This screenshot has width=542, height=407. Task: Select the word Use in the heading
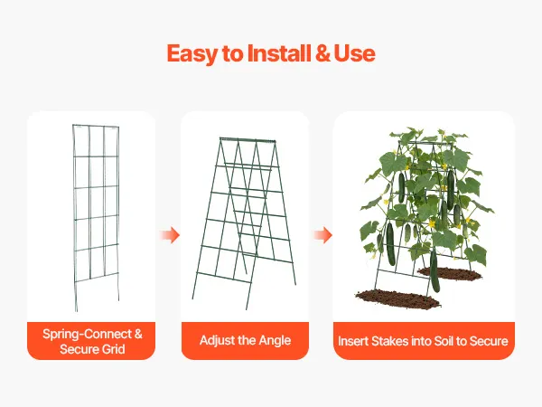click(x=354, y=53)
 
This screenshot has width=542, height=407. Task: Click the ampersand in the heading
click(x=322, y=53)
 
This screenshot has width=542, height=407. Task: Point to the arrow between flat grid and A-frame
click(x=170, y=235)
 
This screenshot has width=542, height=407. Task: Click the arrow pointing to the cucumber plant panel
click(x=322, y=235)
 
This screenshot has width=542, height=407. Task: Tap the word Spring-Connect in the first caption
click(x=87, y=335)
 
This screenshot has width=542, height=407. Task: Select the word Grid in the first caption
click(x=114, y=349)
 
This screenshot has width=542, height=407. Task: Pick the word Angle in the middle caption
click(x=275, y=341)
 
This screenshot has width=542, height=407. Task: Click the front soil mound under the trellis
click(x=397, y=298)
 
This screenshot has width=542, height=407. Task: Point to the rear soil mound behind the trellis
click(x=450, y=273)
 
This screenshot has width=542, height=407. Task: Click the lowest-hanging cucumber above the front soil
click(x=435, y=270)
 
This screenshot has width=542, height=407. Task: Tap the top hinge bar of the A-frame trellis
click(x=248, y=139)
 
